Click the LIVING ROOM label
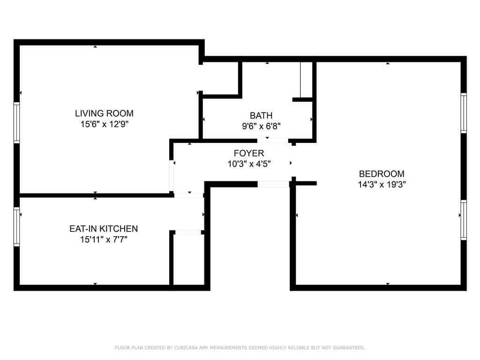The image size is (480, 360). [x=104, y=113]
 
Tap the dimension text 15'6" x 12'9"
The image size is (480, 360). [x=104, y=124]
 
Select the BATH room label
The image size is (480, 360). [x=261, y=115]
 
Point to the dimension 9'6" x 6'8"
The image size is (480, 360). [x=261, y=126]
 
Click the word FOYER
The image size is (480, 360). [x=249, y=153]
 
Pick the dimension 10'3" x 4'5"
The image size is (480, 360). [x=249, y=164]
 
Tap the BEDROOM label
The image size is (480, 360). [x=382, y=174]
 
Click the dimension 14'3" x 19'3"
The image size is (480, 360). [x=382, y=185]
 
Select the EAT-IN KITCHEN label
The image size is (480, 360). [x=104, y=229]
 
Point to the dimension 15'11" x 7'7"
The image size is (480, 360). [x=104, y=240]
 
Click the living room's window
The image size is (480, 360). [x=16, y=123]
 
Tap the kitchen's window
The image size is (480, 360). [x=16, y=226]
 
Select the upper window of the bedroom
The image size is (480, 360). [x=464, y=113]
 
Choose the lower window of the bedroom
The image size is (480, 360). [x=464, y=220]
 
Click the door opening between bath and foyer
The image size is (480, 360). [x=272, y=141]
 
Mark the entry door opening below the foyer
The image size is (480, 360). [x=273, y=184]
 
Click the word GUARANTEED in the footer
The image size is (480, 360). [x=349, y=348]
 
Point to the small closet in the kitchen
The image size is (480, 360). [x=187, y=259]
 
